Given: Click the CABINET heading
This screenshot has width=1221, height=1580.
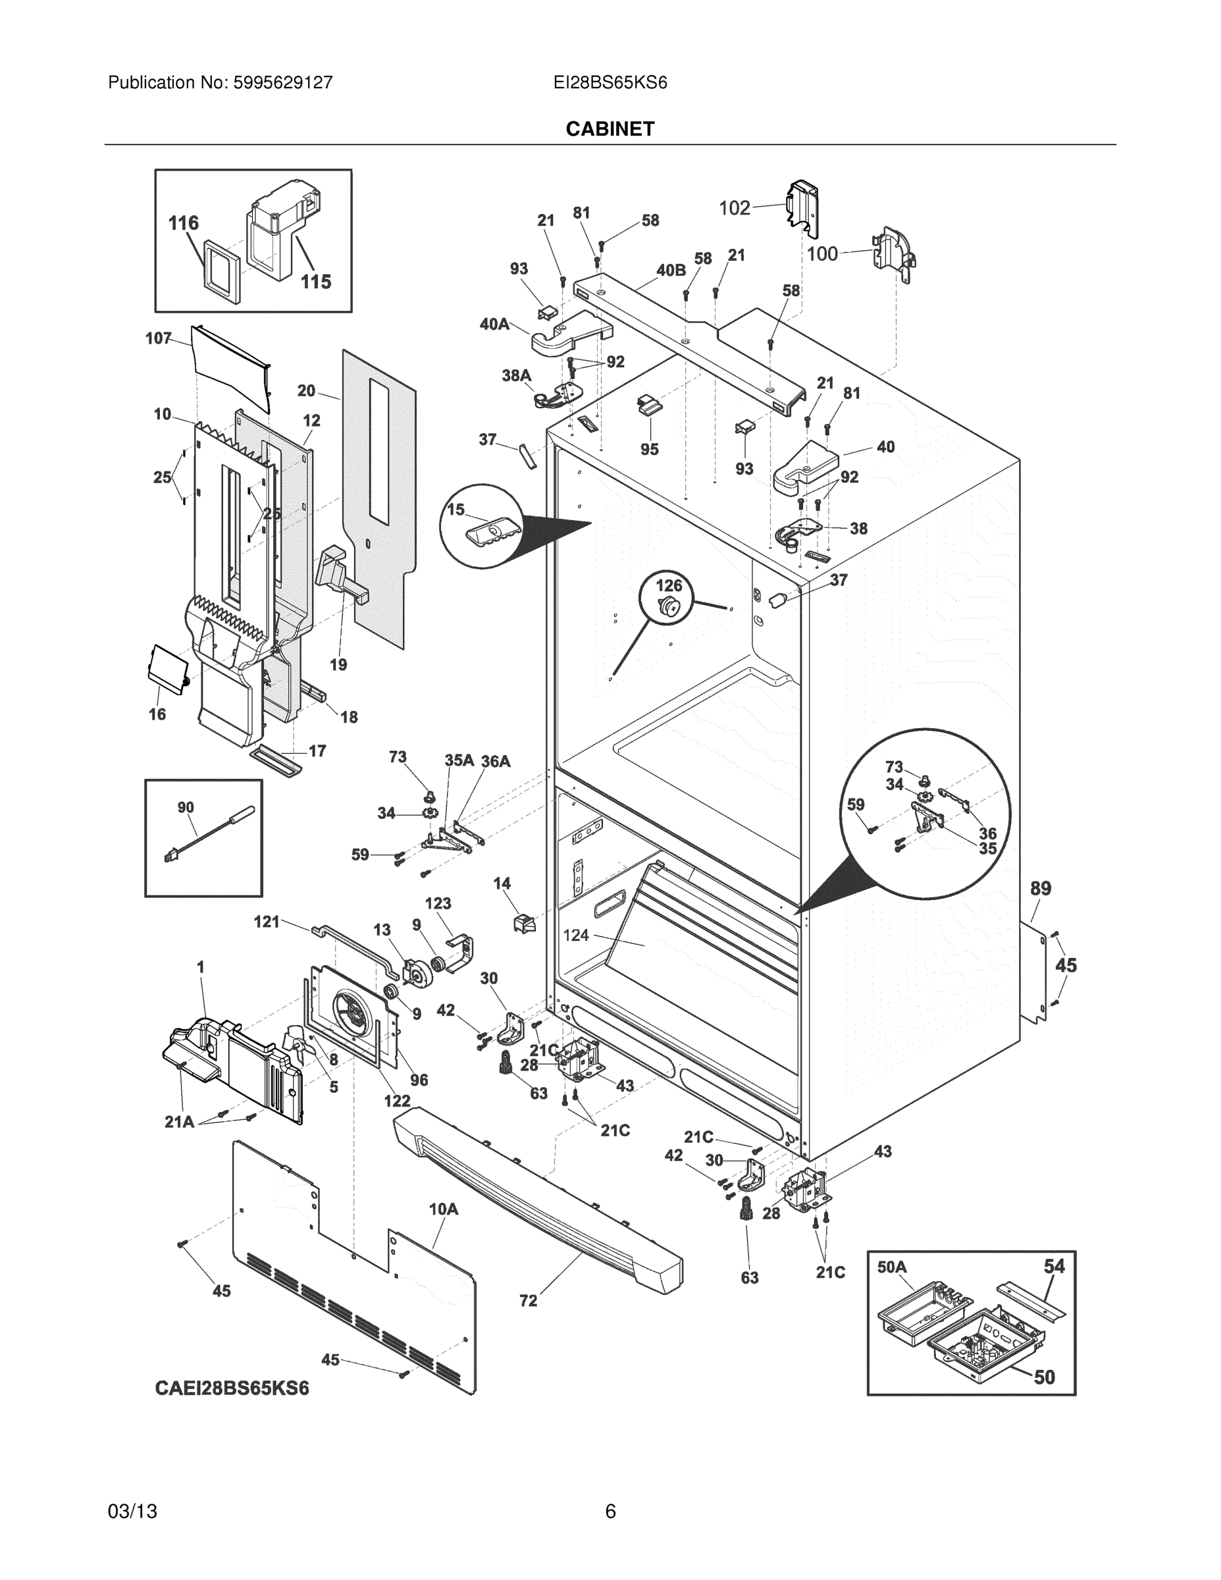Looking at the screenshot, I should coord(610,129).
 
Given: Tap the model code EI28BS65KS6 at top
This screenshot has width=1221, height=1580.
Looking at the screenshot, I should coord(610,82).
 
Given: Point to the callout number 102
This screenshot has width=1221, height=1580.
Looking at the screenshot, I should coord(734,208).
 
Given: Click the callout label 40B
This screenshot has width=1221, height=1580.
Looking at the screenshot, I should coord(671,271).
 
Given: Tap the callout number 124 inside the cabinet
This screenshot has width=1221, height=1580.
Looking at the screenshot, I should coord(576,935).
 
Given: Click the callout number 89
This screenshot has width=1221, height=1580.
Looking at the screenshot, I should coord(1040,888).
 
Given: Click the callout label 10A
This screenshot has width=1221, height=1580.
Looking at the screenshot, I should coord(444,1209).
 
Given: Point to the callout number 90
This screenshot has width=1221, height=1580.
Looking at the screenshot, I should coord(185,807).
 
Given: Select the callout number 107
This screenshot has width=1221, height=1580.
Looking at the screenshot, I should coord(158,338).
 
